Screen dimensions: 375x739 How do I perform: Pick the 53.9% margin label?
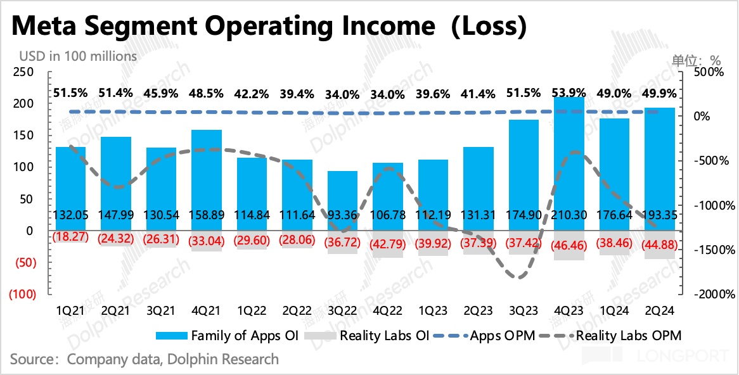[569, 94]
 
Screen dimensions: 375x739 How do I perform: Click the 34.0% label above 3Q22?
[342, 94]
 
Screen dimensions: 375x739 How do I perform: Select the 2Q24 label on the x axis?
[659, 310]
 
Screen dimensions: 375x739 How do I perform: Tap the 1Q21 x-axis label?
[70, 310]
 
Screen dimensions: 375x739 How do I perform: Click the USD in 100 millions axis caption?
[72, 56]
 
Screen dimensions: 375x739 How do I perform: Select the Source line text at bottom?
[145, 359]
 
